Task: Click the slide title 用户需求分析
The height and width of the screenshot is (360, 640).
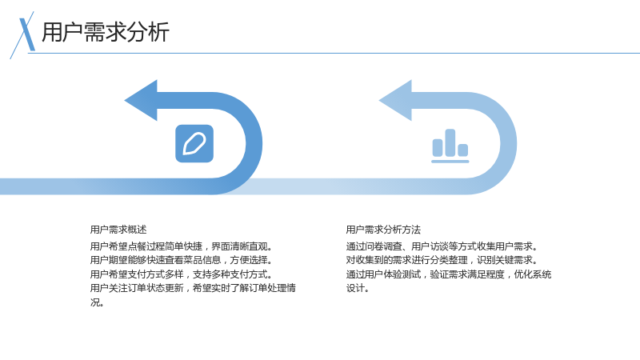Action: pyautogui.click(x=106, y=32)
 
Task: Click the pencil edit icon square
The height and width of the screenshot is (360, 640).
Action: pyautogui.click(x=194, y=144)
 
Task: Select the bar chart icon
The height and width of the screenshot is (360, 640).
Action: pyautogui.click(x=450, y=146)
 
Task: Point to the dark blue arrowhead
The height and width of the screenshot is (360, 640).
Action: pyautogui.click(x=141, y=101)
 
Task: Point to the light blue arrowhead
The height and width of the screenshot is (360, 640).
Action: pyautogui.click(x=395, y=101)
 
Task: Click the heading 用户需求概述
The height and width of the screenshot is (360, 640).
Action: pyautogui.click(x=118, y=230)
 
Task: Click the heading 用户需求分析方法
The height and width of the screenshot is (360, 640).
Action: pyautogui.click(x=383, y=230)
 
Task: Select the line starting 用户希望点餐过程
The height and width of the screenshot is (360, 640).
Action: pyautogui.click(x=182, y=246)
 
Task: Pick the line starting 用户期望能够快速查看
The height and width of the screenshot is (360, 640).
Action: pyautogui.click(x=182, y=260)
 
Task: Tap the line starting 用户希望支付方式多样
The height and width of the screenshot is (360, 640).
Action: pyautogui.click(x=182, y=274)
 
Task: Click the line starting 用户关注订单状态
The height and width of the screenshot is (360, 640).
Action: pyautogui.click(x=193, y=288)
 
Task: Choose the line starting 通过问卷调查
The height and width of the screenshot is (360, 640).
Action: pyautogui.click(x=442, y=246)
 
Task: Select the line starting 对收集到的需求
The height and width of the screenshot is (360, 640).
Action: pyautogui.click(x=442, y=260)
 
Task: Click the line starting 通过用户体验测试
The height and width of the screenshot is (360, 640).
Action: pyautogui.click(x=449, y=274)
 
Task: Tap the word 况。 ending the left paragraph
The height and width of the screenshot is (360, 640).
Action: pyautogui.click(x=97, y=302)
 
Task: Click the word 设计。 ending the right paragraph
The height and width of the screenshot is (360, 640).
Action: pyautogui.click(x=358, y=288)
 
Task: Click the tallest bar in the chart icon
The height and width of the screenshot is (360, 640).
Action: pyautogui.click(x=450, y=143)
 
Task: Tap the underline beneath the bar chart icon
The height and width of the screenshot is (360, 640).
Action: pyautogui.click(x=450, y=162)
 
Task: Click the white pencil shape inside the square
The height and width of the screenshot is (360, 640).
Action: pyautogui.click(x=194, y=144)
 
